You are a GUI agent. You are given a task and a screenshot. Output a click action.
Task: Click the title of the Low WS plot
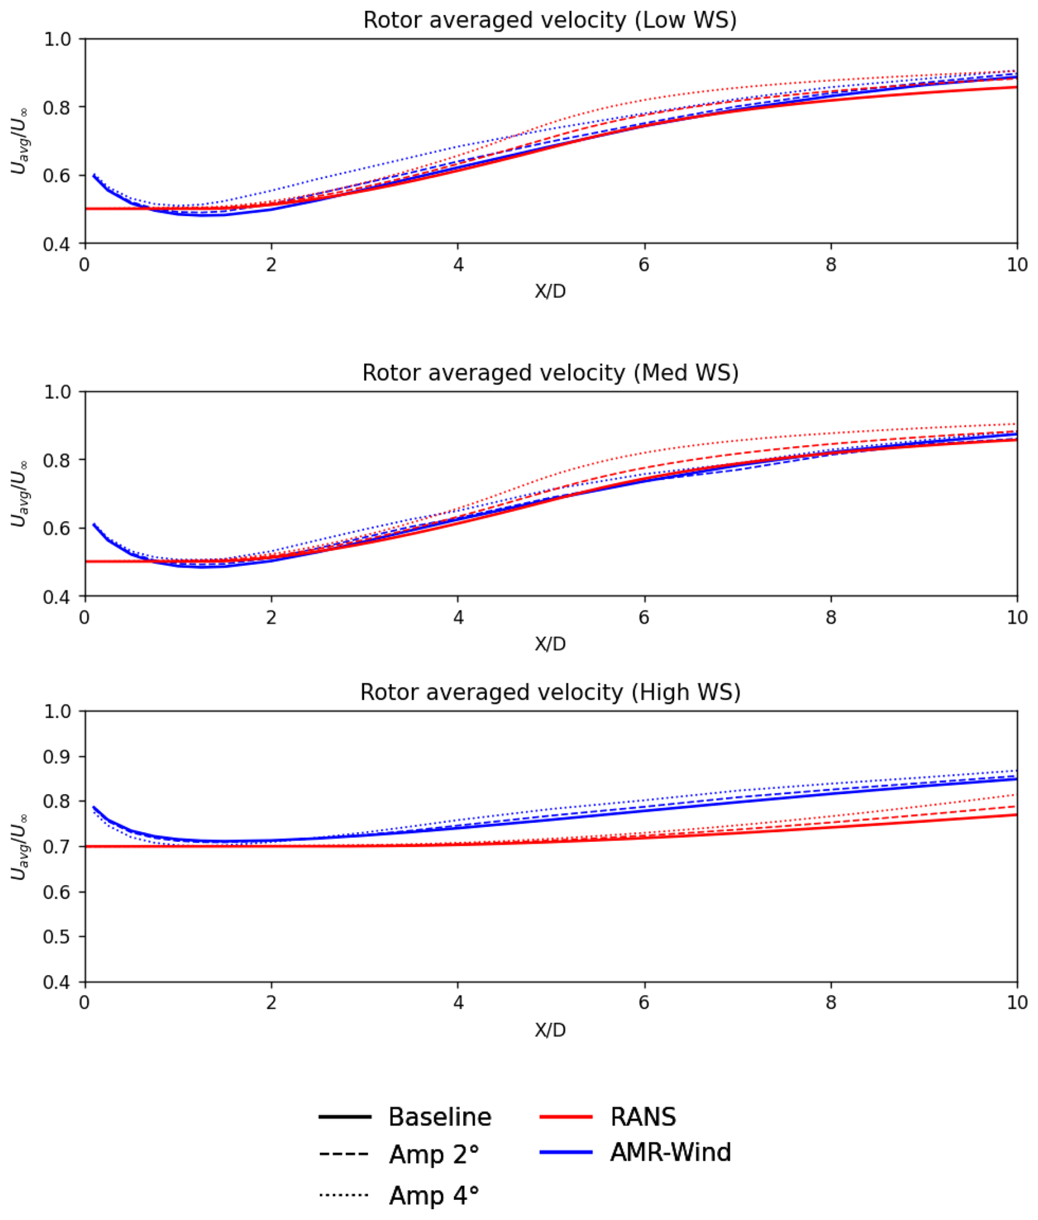pyautogui.click(x=550, y=21)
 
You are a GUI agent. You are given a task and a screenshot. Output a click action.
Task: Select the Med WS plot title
pyautogui.click(x=550, y=373)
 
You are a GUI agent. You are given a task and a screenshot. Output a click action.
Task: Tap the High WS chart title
pyautogui.click(x=550, y=693)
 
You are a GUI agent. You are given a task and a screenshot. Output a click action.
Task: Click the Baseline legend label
pyautogui.click(x=439, y=1117)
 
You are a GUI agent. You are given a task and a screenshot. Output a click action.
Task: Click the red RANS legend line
pyautogui.click(x=566, y=1116)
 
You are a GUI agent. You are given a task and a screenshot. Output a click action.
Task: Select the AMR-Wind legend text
pyautogui.click(x=670, y=1152)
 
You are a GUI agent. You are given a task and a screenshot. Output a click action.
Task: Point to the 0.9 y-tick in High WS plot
pyautogui.click(x=57, y=757)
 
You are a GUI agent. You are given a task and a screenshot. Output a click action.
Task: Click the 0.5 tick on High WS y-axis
pyautogui.click(x=57, y=937)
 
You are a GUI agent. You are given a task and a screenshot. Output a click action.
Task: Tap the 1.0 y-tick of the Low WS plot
pyautogui.click(x=57, y=40)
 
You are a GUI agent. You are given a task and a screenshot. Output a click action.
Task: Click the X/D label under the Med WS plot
pyautogui.click(x=550, y=644)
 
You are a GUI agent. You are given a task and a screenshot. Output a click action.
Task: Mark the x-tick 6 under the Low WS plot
pyautogui.click(x=644, y=265)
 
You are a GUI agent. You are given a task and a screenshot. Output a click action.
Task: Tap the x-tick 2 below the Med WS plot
pyautogui.click(x=270, y=617)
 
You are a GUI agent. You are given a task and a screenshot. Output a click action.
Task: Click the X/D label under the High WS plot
pyautogui.click(x=550, y=1030)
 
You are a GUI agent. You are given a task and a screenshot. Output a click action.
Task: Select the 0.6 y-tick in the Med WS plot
pyautogui.click(x=57, y=529)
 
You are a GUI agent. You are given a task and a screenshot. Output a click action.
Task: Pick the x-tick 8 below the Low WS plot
pyautogui.click(x=830, y=265)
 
